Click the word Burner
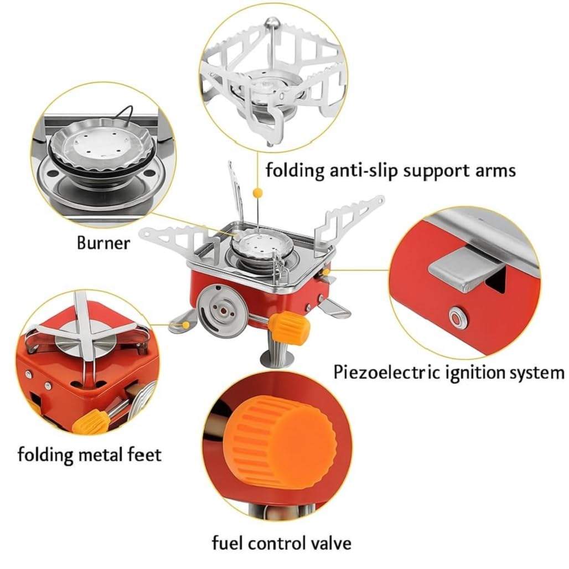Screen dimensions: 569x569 click(x=104, y=243)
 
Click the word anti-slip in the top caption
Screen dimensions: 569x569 click(x=364, y=170)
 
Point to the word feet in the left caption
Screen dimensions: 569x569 click(x=145, y=454)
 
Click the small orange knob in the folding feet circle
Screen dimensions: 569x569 click(x=90, y=421)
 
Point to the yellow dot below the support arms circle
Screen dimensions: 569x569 click(x=257, y=192)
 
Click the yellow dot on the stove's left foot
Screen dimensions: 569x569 click(x=186, y=324)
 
